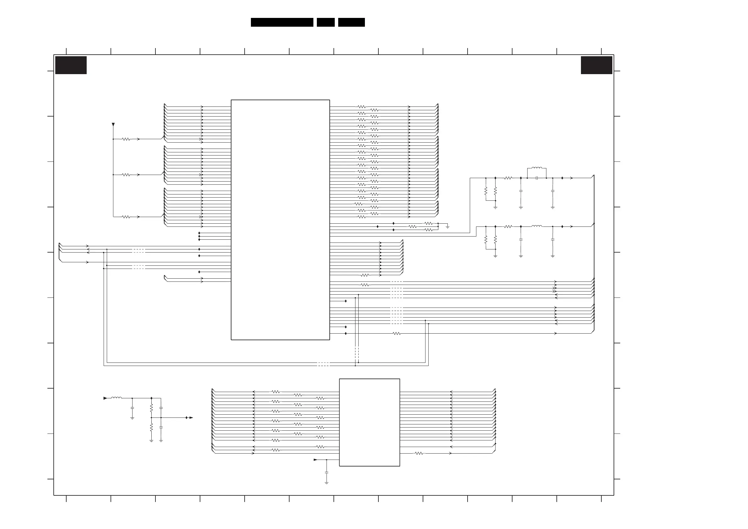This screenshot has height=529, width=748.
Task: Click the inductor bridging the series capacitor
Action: click(x=537, y=168)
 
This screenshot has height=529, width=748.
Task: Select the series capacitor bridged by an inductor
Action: click(x=537, y=178)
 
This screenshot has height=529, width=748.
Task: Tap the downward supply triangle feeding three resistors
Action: click(x=113, y=124)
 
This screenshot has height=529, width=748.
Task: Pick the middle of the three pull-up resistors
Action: click(x=126, y=175)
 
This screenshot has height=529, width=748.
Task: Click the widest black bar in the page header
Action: click(x=282, y=22)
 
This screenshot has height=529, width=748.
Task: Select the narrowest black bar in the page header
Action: click(x=325, y=22)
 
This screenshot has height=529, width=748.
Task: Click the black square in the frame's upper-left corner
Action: click(x=71, y=65)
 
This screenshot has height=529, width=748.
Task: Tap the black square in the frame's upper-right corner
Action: click(x=597, y=65)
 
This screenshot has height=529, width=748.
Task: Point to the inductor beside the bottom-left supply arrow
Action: click(x=116, y=398)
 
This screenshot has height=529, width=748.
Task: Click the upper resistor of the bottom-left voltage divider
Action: click(x=151, y=408)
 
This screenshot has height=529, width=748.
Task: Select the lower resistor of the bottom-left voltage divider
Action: click(x=151, y=427)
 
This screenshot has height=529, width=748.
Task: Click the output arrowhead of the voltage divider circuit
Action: click(x=191, y=417)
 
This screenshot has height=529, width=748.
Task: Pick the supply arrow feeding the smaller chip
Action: click(x=315, y=460)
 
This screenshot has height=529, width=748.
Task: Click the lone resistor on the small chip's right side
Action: click(x=419, y=453)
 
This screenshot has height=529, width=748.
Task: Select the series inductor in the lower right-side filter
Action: click(x=537, y=226)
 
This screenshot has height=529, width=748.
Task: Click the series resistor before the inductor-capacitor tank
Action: click(x=508, y=178)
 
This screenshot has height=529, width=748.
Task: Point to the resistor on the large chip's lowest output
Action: click(x=397, y=333)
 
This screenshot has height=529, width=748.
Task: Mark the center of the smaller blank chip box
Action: click(x=369, y=423)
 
